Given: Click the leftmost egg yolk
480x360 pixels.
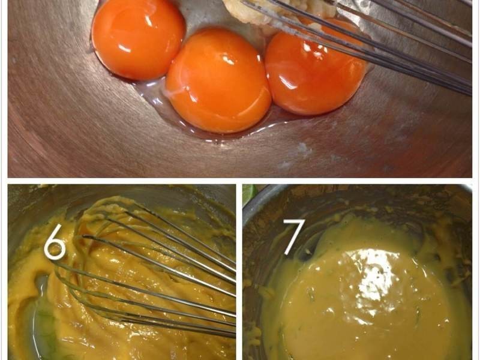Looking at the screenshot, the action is coord(138,38).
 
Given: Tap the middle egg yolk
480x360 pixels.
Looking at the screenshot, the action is coord(218,80).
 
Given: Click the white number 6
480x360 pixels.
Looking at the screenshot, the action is coord(55,242).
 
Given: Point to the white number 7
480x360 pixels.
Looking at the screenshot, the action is coord(295,236).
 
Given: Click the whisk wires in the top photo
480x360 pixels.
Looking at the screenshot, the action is coord(367,40).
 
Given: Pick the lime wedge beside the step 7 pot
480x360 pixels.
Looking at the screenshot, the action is coord(250,194).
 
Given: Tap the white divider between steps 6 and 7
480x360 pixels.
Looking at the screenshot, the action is coord(239,272).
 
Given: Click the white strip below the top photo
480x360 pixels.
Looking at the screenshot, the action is coord(239,181).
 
